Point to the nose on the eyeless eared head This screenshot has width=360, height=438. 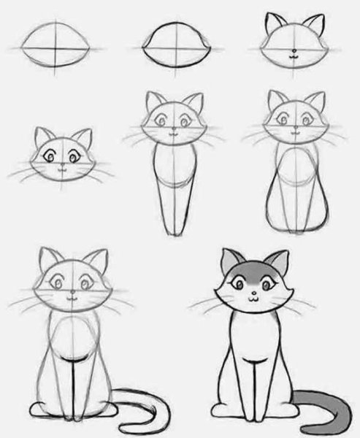pos(293,53)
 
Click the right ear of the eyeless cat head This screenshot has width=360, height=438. pos(313,24)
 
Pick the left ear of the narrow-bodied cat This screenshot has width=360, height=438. pos(154,101)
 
